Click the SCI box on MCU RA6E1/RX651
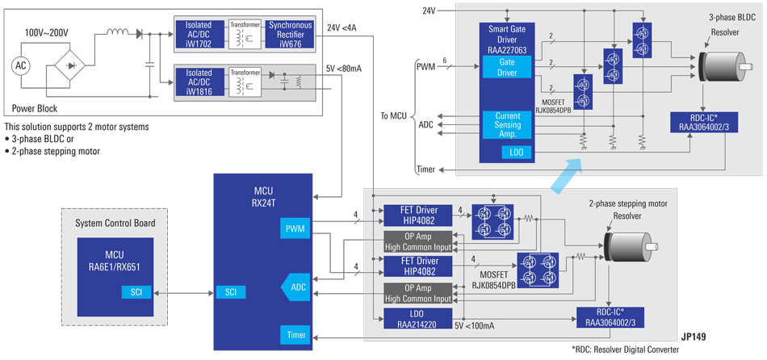point(135,291)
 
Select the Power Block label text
point(35,107)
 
